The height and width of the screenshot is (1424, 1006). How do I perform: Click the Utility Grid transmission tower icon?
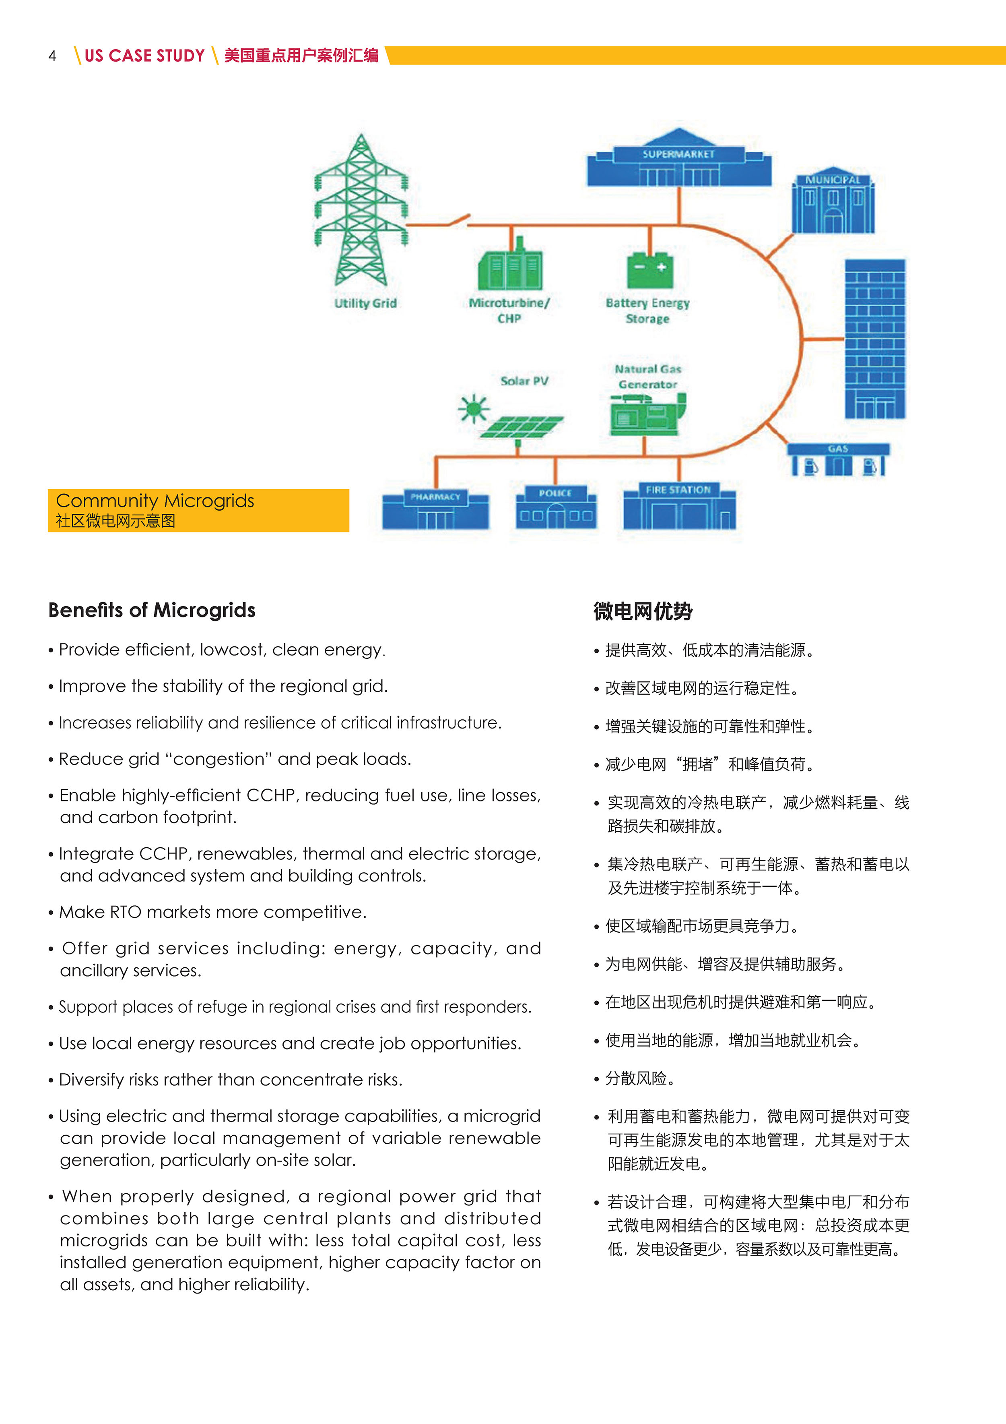[361, 211]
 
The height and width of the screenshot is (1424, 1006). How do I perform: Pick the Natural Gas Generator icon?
[648, 414]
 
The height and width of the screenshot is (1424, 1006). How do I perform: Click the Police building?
[555, 507]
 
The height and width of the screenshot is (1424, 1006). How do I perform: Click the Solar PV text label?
[524, 381]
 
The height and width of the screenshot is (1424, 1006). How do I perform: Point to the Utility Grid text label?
[365, 303]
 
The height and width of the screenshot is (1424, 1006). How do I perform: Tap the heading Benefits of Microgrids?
[152, 610]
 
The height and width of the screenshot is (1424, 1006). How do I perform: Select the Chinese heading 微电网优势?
[643, 612]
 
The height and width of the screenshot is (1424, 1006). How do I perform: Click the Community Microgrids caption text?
[155, 501]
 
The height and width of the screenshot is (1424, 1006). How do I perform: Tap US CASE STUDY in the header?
[144, 56]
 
